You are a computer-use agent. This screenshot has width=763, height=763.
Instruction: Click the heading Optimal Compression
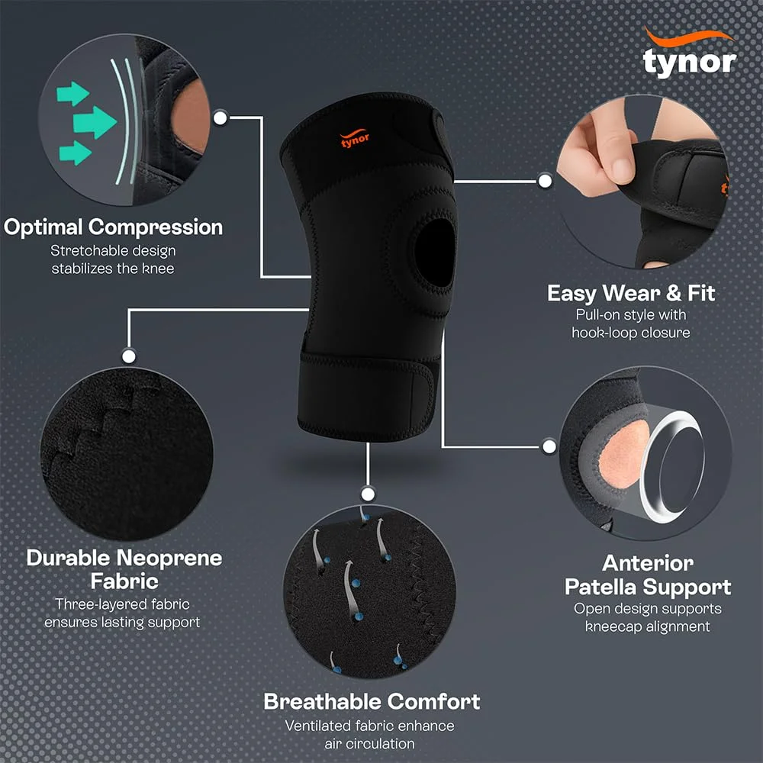113,227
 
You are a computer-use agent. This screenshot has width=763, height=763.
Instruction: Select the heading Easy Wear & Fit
631,293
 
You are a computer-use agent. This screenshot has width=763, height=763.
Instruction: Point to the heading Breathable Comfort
372,701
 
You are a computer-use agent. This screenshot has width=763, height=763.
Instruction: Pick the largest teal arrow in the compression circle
95,121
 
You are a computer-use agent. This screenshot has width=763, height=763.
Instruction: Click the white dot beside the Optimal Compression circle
221,118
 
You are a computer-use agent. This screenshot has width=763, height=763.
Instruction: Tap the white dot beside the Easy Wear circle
545,181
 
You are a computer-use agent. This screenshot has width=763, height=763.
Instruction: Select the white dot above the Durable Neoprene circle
129,355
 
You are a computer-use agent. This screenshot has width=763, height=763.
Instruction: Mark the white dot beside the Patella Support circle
549,446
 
